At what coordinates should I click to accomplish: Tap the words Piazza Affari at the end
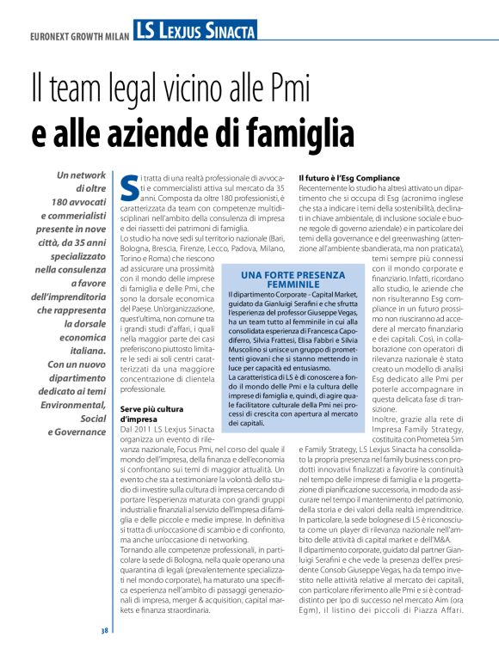pyautogui.click(x=447, y=610)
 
